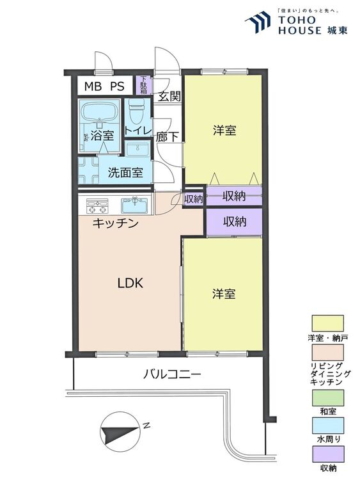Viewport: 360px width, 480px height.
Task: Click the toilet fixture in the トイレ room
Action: (x=135, y=111)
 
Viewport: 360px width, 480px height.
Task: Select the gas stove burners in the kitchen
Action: (x=97, y=205)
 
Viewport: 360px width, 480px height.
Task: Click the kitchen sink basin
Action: (x=134, y=205)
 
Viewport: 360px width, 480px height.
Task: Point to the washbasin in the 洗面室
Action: (x=137, y=149)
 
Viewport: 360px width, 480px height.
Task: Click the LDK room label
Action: (x=130, y=283)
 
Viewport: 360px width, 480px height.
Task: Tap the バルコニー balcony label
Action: (x=173, y=374)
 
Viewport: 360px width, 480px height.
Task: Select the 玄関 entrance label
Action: (x=169, y=96)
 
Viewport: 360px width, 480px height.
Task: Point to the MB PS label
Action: (x=104, y=86)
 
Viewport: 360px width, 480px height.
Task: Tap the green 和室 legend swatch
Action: (x=327, y=397)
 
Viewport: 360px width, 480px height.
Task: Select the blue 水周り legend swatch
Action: (x=327, y=426)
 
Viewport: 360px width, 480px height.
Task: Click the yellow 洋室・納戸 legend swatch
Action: (x=327, y=323)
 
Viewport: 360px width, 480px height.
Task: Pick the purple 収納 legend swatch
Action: (x=327, y=454)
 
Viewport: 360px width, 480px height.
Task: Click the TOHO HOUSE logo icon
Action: (x=258, y=21)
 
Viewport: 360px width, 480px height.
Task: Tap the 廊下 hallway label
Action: (x=167, y=136)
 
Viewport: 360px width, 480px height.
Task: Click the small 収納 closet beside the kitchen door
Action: (x=193, y=199)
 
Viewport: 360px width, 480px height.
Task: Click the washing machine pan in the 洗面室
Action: (x=88, y=170)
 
